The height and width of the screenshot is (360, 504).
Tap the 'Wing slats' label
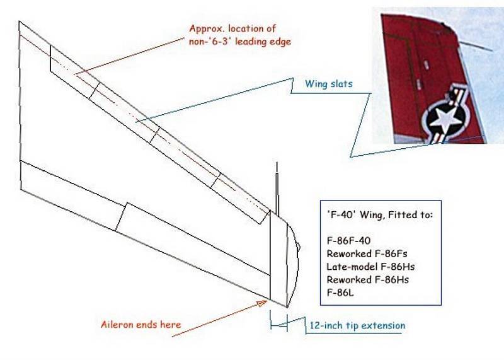[x=328, y=84]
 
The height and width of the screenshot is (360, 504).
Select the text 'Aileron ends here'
[x=140, y=324]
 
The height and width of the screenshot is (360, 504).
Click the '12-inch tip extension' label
[x=357, y=325]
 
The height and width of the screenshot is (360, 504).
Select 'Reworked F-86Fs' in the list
[x=367, y=253]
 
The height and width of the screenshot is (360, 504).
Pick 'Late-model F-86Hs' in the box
[x=370, y=267]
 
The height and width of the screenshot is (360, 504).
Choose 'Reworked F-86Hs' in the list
[x=367, y=279]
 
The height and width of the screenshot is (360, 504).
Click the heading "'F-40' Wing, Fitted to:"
[x=380, y=214]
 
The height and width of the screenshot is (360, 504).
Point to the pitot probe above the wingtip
[x=277, y=190]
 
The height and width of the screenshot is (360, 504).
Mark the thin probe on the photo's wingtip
[x=475, y=45]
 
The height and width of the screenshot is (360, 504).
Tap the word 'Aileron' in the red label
[x=117, y=324]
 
